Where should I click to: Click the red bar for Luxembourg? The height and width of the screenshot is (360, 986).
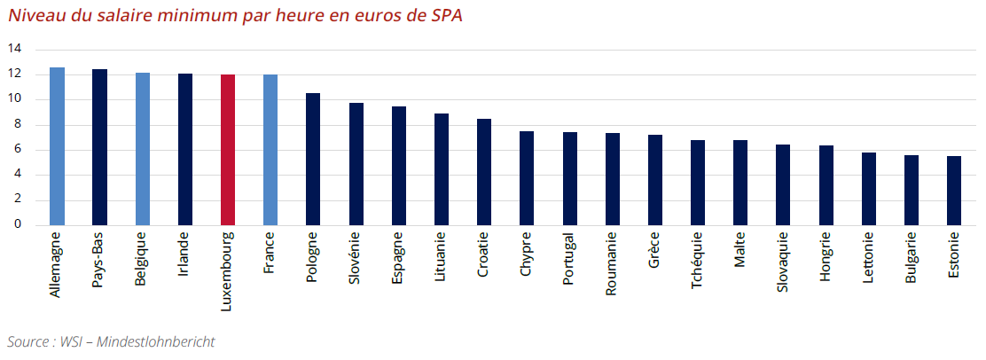[x=228, y=150]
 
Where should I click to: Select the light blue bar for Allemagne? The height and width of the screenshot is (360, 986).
[x=57, y=146]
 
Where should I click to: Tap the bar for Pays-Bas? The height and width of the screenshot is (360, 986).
[x=99, y=147]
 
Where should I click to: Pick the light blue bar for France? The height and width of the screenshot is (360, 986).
[x=270, y=150]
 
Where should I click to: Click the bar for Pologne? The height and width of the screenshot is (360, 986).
[x=313, y=159]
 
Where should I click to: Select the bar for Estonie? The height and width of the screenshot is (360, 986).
[x=954, y=191]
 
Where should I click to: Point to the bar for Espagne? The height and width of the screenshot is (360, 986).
[x=399, y=166]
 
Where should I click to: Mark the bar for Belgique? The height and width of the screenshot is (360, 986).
[x=142, y=149]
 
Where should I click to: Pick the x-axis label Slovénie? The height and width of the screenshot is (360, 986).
[x=356, y=259]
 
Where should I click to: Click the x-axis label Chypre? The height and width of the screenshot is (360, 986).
[x=527, y=255]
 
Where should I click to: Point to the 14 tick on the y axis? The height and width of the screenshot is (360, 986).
[x=15, y=48]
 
